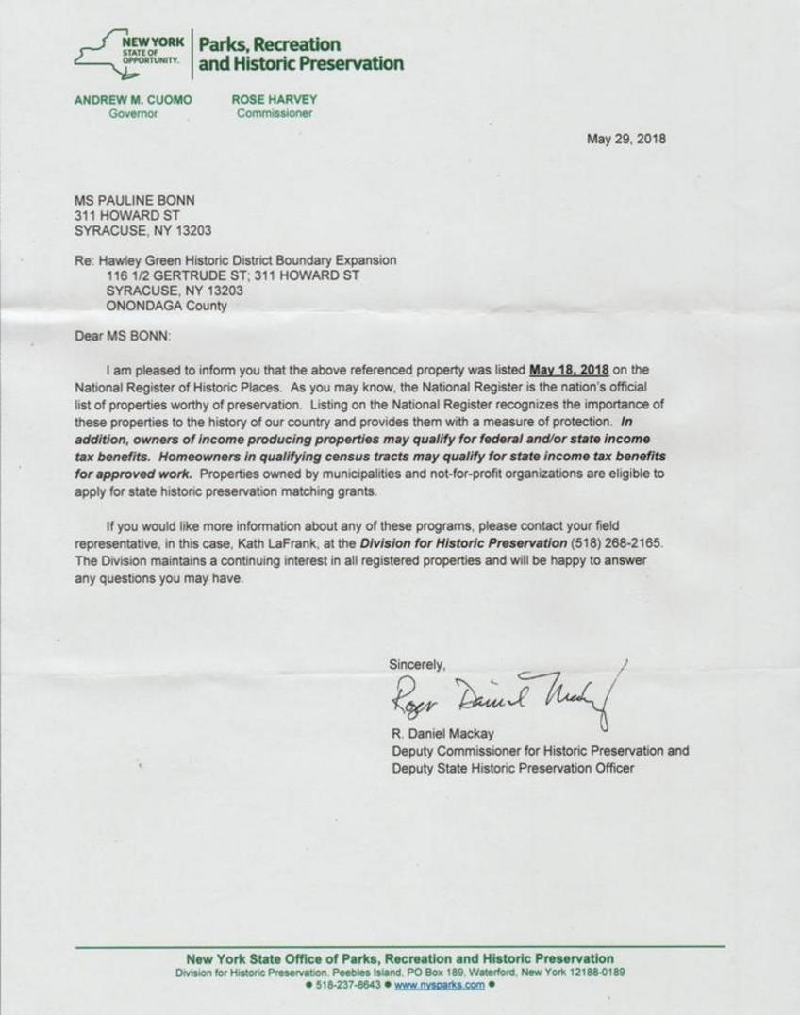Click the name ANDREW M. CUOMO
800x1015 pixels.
click(132, 99)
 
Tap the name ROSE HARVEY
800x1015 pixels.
click(275, 99)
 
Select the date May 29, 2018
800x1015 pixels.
click(625, 139)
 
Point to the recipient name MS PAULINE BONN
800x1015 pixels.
click(136, 200)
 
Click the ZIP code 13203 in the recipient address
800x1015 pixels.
click(192, 230)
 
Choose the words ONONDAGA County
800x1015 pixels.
click(166, 307)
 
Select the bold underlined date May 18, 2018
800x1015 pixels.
click(570, 370)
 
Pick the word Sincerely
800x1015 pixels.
click(417, 664)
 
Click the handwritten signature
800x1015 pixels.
click(505, 698)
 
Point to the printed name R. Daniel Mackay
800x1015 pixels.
click(444, 734)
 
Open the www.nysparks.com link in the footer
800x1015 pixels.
click(439, 985)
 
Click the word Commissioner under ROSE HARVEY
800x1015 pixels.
click(275, 114)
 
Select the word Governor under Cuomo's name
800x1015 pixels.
click(133, 114)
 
